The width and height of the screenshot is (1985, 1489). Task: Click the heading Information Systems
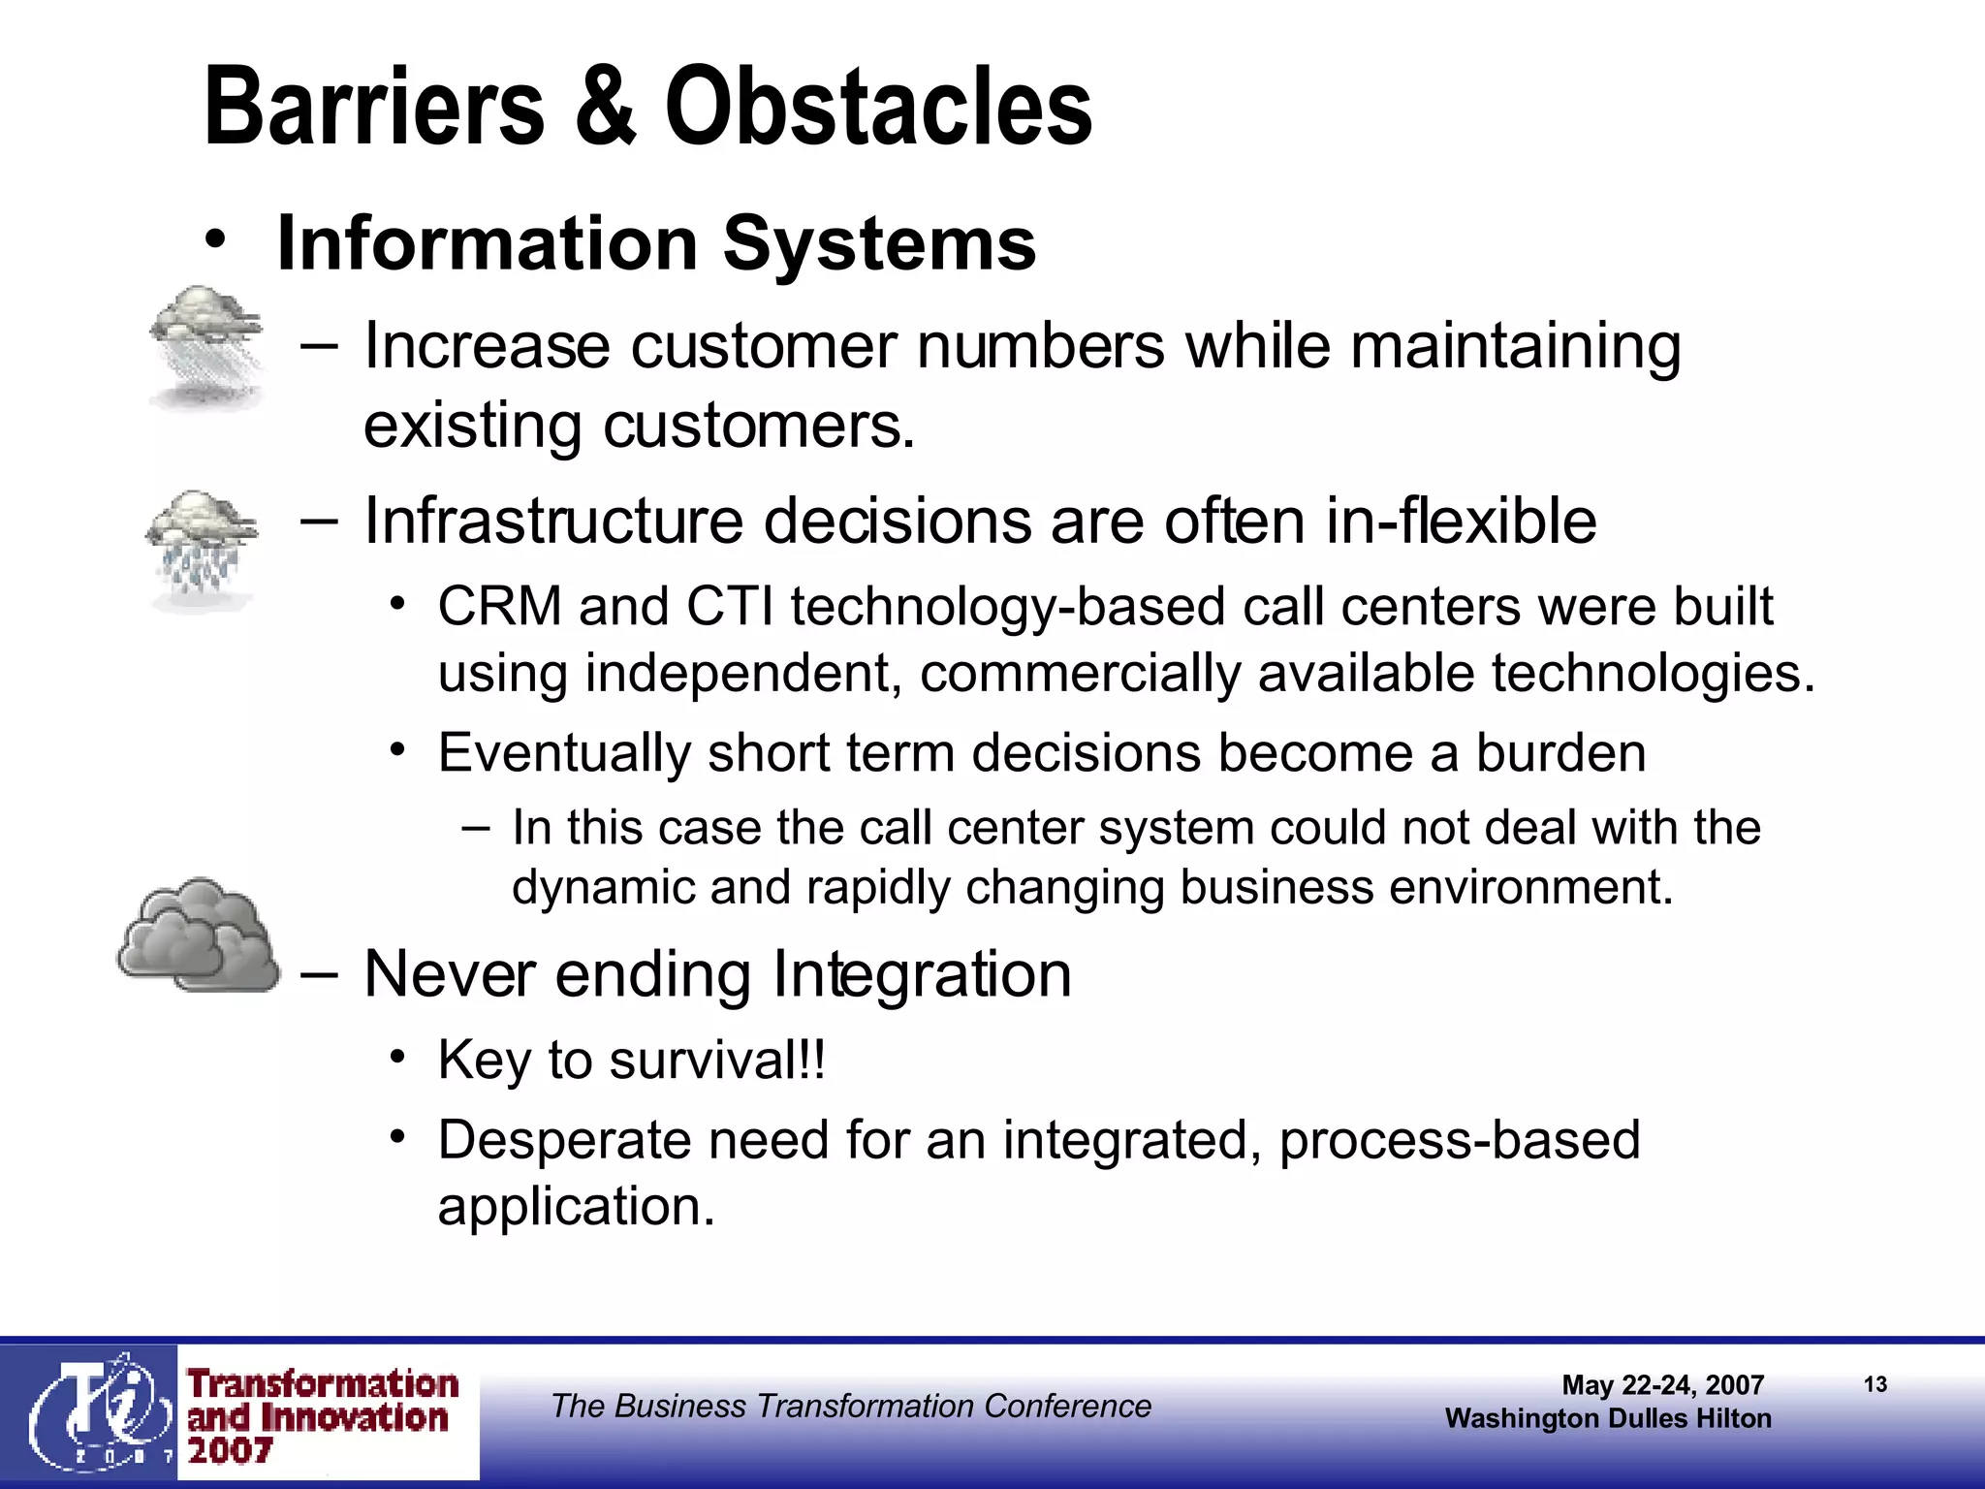[656, 243]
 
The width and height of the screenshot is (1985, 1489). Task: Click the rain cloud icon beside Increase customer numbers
[206, 347]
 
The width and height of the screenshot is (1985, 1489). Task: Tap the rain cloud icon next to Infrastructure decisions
[202, 549]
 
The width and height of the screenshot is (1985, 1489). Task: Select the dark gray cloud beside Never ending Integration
[199, 936]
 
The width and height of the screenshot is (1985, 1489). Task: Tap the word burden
[1560, 753]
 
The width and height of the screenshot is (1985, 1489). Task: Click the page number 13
[1875, 1384]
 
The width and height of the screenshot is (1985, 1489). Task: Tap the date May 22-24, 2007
[1662, 1385]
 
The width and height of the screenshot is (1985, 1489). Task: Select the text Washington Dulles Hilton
[1608, 1419]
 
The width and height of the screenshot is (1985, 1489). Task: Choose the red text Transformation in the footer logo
[323, 1383]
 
